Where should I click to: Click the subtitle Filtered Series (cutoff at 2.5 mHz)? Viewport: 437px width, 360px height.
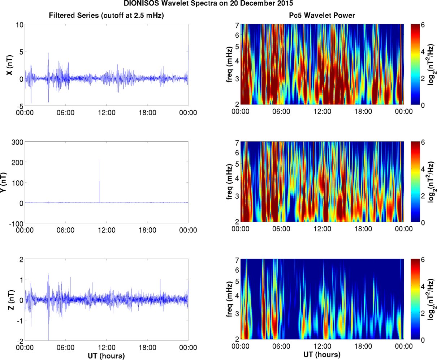tap(106, 16)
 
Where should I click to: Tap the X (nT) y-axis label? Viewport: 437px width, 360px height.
tap(10, 65)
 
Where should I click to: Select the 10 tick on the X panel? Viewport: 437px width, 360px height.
tap(20, 25)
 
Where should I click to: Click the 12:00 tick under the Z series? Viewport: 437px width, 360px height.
tap(107, 348)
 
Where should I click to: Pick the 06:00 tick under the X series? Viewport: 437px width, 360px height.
tap(66, 113)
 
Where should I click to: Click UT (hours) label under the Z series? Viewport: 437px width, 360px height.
tap(106, 356)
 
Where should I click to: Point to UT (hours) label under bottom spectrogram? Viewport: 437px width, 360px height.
tap(322, 354)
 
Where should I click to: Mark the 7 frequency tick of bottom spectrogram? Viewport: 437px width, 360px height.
tap(237, 260)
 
